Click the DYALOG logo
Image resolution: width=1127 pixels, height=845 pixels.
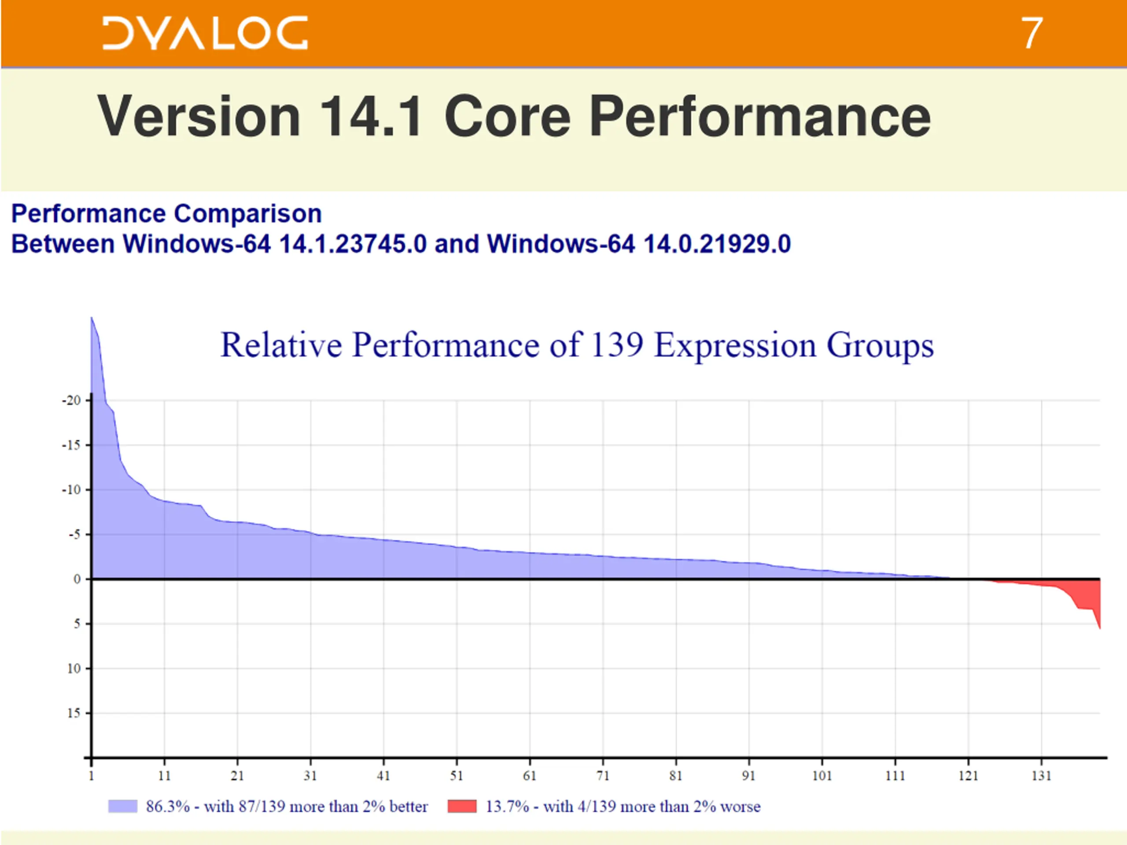pyautogui.click(x=205, y=33)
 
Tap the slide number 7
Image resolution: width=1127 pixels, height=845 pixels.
pyautogui.click(x=1032, y=33)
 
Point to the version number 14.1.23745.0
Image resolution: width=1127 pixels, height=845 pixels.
pyautogui.click(x=353, y=243)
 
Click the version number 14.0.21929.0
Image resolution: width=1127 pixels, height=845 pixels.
pyautogui.click(x=717, y=243)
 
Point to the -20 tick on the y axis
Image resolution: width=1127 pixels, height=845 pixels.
pyautogui.click(x=72, y=400)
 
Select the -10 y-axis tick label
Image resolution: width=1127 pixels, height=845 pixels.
pyautogui.click(x=72, y=490)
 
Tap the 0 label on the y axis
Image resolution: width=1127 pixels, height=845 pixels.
pyautogui.click(x=77, y=579)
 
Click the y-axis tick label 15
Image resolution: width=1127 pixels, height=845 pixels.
pyautogui.click(x=74, y=713)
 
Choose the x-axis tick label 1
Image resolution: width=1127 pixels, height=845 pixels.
pyautogui.click(x=91, y=776)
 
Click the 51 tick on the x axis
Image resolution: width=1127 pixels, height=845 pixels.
pyautogui.click(x=457, y=776)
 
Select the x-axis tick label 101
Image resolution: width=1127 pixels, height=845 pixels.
pyautogui.click(x=822, y=776)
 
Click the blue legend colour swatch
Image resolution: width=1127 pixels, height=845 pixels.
pyautogui.click(x=123, y=806)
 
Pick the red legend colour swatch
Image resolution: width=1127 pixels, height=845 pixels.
pyautogui.click(x=462, y=806)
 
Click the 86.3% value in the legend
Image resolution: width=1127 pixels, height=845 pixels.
pyautogui.click(x=168, y=806)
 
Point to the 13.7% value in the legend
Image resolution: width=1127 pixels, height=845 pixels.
pyautogui.click(x=507, y=806)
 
